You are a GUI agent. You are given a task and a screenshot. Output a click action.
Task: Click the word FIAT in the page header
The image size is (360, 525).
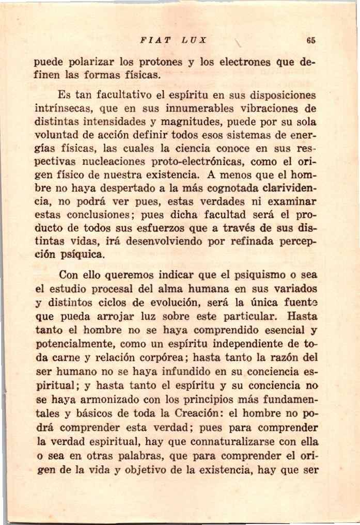151,40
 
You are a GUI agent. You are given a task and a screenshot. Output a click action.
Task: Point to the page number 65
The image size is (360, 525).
310,40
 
